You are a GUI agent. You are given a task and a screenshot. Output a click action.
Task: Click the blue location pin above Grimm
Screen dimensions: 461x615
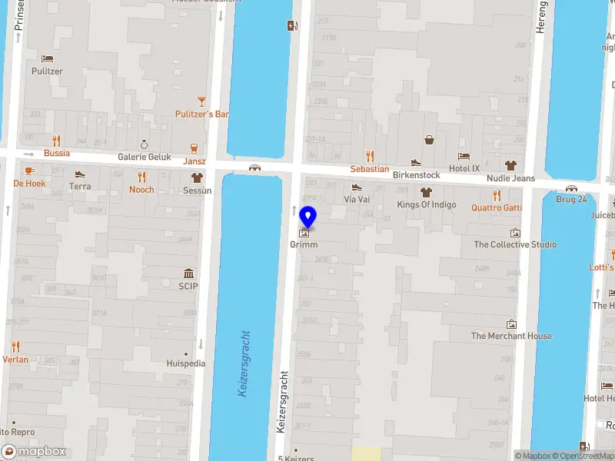[x=307, y=217]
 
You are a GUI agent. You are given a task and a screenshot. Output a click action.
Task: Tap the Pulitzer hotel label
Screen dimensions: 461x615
[x=47, y=71]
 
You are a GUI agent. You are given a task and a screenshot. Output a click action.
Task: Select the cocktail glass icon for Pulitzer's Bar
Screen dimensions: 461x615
[x=201, y=101]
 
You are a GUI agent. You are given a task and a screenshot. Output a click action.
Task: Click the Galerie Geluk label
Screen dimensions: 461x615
[x=144, y=156]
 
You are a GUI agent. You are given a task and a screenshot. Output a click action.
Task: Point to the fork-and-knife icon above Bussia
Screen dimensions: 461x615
[x=56, y=141]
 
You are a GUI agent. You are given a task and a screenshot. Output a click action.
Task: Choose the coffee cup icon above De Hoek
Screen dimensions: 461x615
[x=29, y=171]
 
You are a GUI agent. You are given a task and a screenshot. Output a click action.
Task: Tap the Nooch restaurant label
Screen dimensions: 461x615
[x=141, y=190]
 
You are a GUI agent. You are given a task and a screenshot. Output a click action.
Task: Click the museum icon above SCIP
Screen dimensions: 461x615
[x=188, y=274]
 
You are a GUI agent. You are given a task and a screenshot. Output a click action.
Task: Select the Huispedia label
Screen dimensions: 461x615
[x=186, y=363]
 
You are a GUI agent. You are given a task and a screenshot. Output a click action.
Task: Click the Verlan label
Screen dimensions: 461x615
[x=15, y=359]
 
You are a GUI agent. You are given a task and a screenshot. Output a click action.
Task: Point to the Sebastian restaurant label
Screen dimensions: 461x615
[x=370, y=169]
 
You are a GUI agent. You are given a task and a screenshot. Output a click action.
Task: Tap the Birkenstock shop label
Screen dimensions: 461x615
[x=416, y=175]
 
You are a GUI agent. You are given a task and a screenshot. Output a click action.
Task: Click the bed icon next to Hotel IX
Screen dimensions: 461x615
[x=464, y=156]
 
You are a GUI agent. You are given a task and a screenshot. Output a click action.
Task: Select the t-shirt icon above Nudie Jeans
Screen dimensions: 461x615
[x=510, y=165]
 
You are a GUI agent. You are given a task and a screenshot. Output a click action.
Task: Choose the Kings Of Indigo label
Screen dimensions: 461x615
[x=426, y=204]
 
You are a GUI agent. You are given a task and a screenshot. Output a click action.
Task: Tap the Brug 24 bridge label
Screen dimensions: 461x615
[x=571, y=199]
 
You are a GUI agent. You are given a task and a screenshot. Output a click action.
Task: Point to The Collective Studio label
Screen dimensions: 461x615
[x=515, y=244]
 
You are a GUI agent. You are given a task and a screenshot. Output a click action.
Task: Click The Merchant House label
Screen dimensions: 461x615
[x=511, y=336]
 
